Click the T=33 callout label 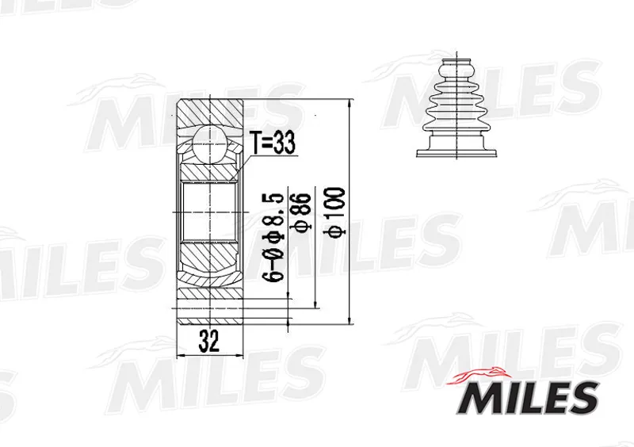(272, 143)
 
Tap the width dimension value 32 (209, 342)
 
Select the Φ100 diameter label (336, 212)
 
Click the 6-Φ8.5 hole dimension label (272, 237)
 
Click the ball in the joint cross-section (209, 143)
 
